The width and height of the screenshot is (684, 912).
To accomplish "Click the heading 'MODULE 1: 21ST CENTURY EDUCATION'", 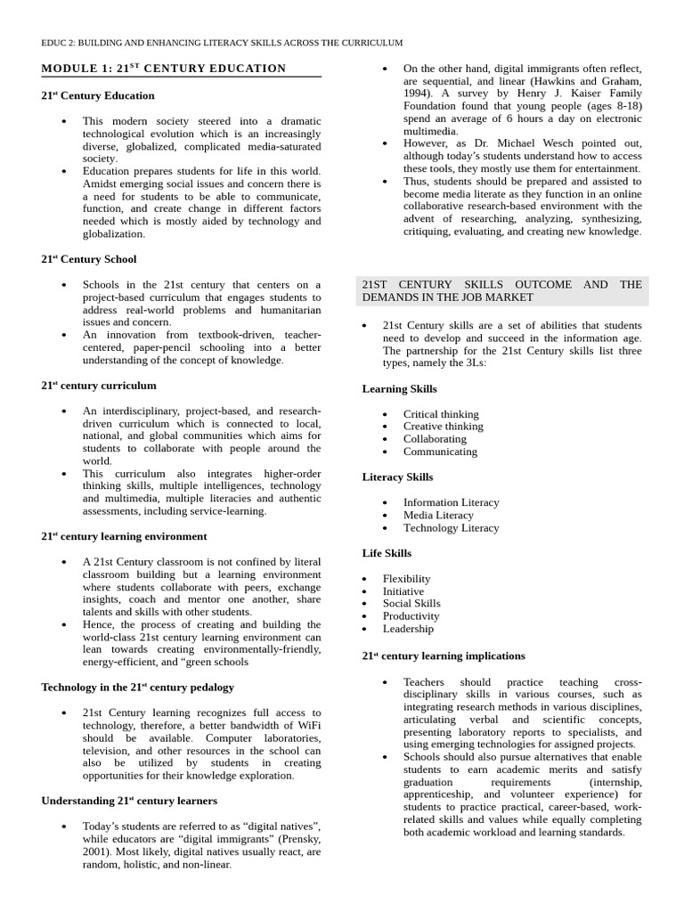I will (x=164, y=69).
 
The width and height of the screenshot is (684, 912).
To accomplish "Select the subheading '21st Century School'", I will (x=89, y=259).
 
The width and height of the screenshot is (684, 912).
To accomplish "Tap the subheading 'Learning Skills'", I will (x=399, y=389).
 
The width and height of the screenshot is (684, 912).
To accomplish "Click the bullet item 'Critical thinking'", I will (x=440, y=414).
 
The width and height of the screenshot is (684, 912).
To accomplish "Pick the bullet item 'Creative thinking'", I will (x=443, y=427).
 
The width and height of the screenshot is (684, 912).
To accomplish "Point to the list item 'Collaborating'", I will (x=434, y=439).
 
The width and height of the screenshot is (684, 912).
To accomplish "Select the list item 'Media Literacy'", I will (x=438, y=515).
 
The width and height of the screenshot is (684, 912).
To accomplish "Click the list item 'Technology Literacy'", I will (x=451, y=527).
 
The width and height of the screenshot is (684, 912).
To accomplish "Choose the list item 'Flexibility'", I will (x=406, y=579).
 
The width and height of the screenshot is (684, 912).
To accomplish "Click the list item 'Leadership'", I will (x=408, y=629).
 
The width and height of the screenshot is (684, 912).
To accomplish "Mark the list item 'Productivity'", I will (x=411, y=616).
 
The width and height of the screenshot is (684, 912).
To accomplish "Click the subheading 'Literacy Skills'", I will (x=397, y=477).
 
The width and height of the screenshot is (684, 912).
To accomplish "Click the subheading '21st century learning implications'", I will (x=444, y=656).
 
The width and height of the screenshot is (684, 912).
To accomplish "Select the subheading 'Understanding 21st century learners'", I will (x=129, y=801).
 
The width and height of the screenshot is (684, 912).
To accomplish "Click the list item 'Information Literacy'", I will (x=451, y=502).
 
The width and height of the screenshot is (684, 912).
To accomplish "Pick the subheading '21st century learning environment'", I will (x=124, y=537).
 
